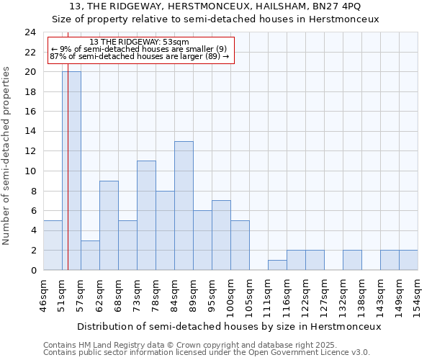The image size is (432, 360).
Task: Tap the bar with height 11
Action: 146,215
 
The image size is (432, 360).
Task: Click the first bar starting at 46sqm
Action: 53,245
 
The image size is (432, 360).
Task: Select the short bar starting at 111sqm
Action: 277,265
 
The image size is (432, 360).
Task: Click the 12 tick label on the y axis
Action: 30,151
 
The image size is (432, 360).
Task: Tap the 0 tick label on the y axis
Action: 33,270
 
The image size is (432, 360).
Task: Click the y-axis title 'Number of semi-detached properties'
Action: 7,156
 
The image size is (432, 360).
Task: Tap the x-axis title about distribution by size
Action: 228,326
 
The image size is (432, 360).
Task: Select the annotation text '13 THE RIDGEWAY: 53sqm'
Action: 140,42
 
